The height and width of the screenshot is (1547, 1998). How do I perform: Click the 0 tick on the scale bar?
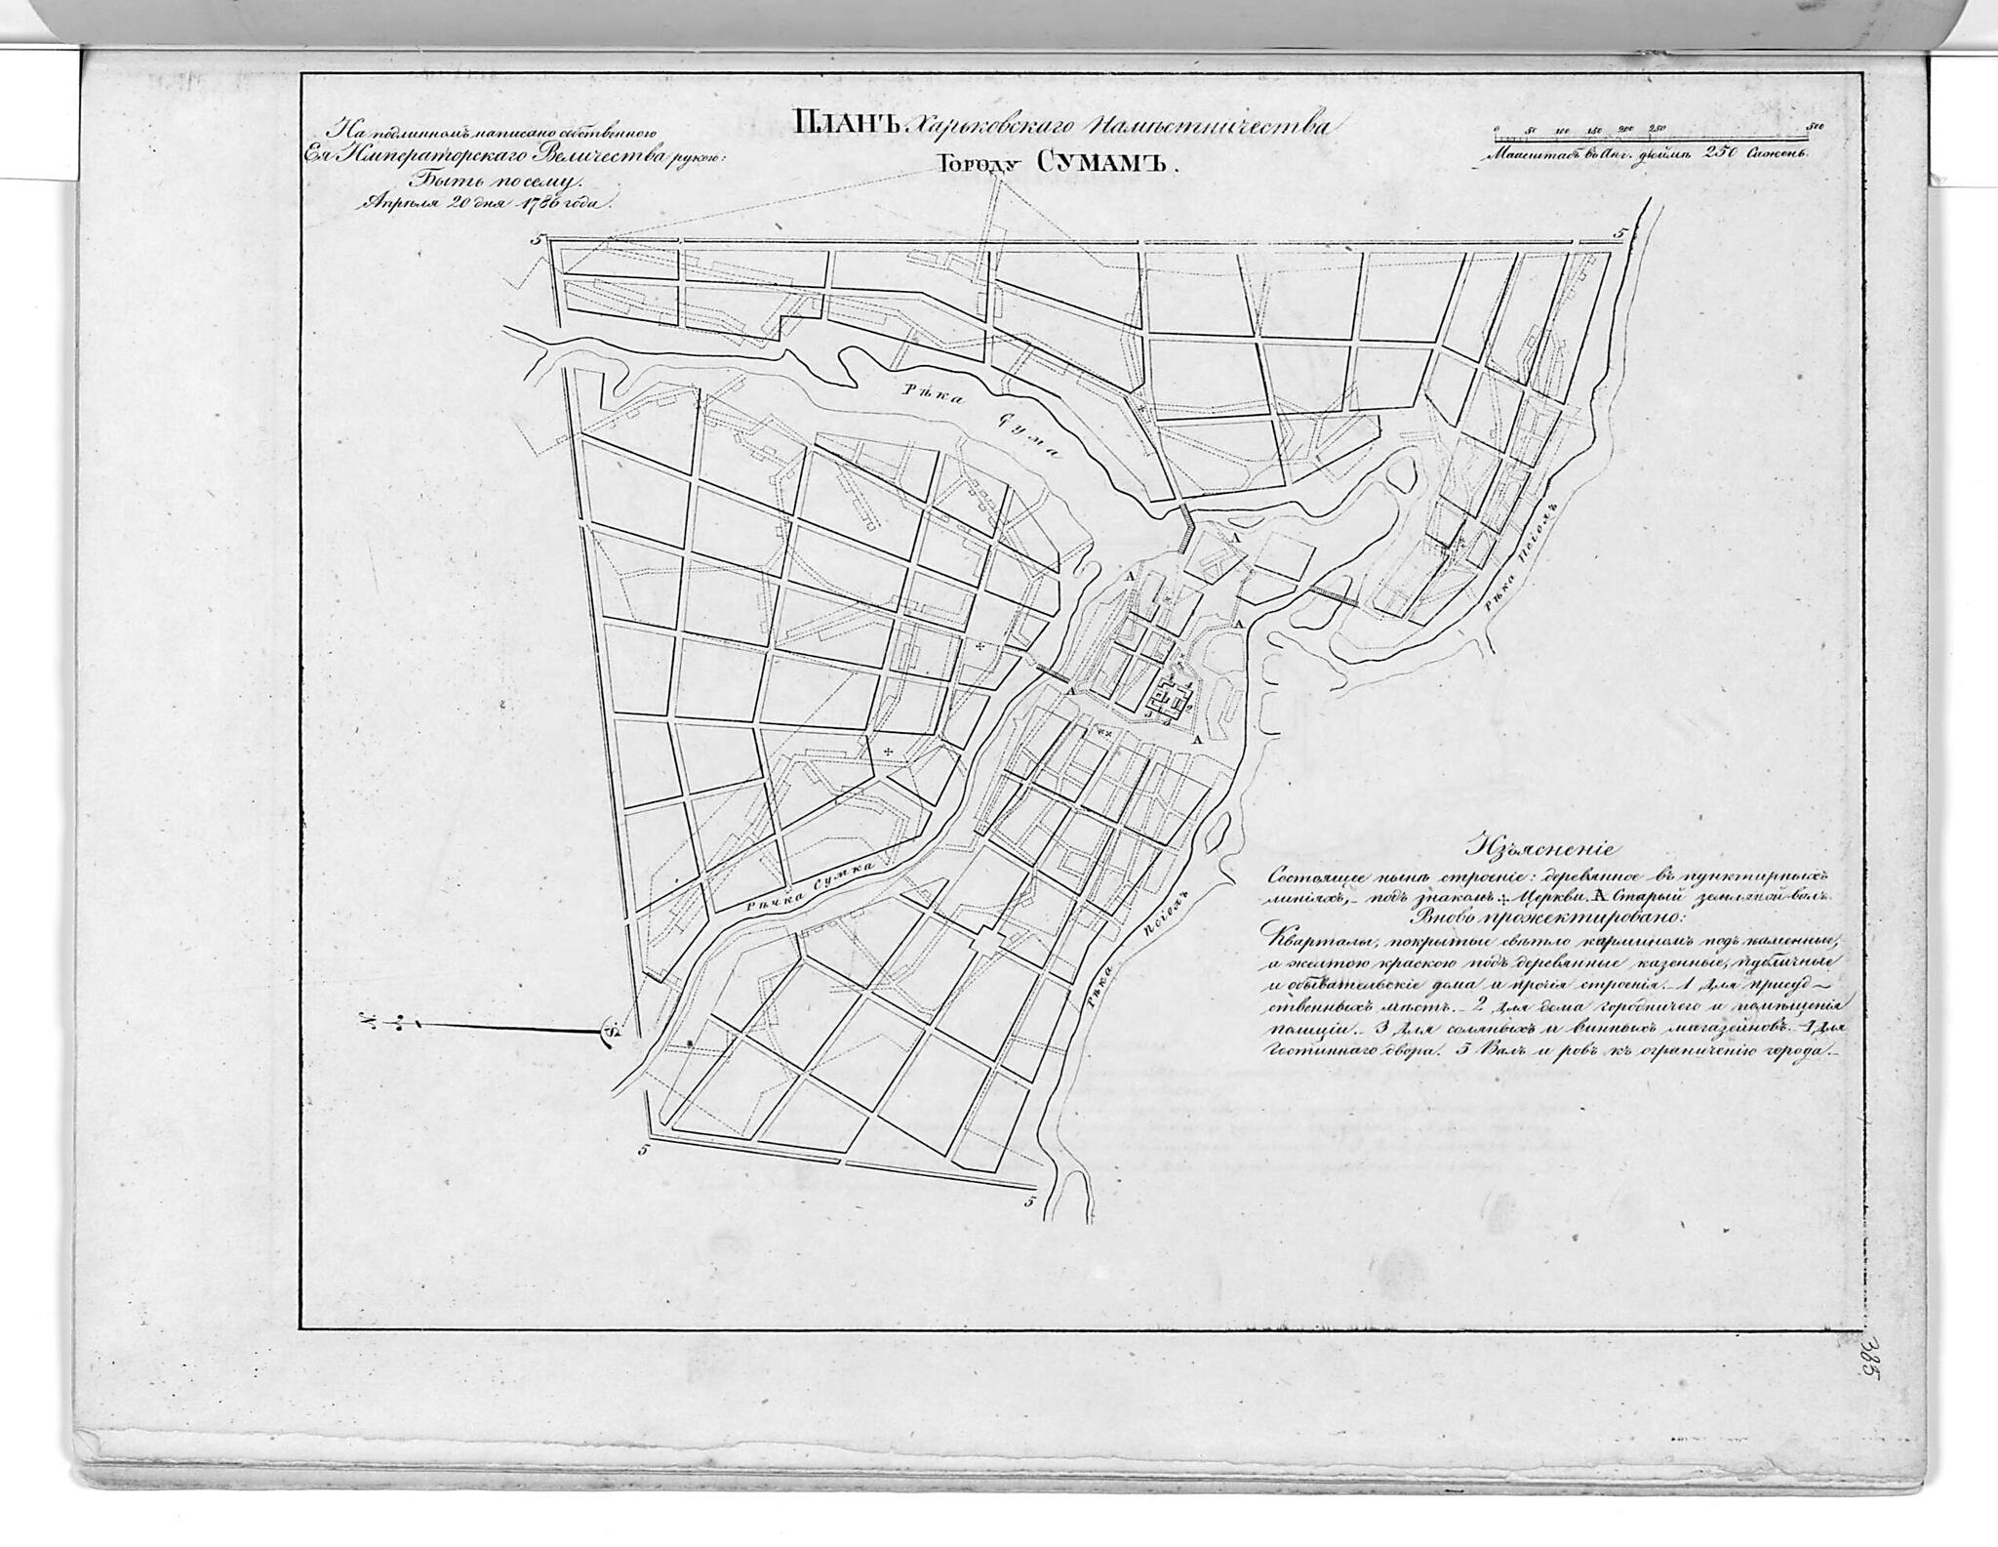click(1497, 128)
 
